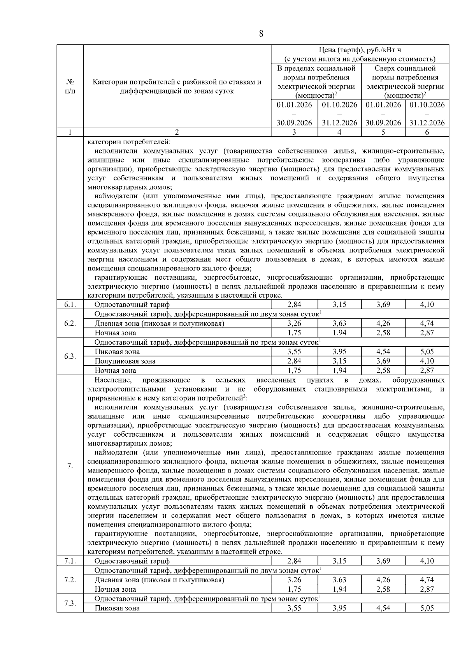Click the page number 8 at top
(x=261, y=34)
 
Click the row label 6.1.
(x=70, y=305)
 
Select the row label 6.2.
(x=70, y=324)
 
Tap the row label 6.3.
(x=70, y=356)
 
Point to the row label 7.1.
(x=70, y=561)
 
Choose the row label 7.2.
(x=70, y=580)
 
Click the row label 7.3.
(x=70, y=603)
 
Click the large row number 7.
(x=70, y=465)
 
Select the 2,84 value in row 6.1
(x=294, y=305)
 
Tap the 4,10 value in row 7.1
(x=427, y=561)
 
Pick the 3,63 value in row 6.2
(x=339, y=323)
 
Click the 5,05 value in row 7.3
(x=427, y=608)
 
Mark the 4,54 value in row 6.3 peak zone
(x=383, y=352)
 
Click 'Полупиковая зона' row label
(x=125, y=361)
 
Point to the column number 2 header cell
(x=177, y=132)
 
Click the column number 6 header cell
(x=427, y=132)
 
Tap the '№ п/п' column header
(x=70, y=86)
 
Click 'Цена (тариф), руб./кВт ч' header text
(x=360, y=50)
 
